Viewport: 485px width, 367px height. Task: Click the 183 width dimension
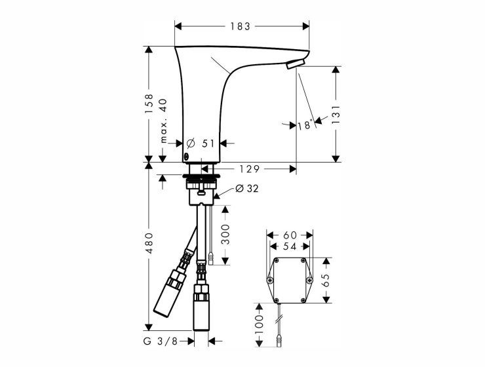tap(240, 26)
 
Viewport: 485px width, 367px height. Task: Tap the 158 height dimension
tap(149, 104)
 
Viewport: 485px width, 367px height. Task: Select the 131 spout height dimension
tap(336, 115)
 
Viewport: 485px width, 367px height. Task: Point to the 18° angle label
tap(305, 125)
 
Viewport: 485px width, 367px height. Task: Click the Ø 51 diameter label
tap(201, 143)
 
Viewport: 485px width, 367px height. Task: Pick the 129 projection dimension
tap(250, 169)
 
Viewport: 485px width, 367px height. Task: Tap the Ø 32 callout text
tap(247, 188)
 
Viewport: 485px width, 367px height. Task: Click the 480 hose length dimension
tap(149, 243)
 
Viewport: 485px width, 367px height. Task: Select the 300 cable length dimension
tap(226, 235)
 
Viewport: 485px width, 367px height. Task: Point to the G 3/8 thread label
tap(160, 341)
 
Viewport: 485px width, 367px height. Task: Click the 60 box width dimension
tap(290, 235)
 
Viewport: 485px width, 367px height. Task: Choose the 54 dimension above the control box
tap(290, 246)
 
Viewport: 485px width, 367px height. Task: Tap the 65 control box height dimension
tap(326, 280)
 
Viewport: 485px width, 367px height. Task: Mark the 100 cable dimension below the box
tap(259, 324)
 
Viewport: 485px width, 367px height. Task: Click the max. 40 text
tap(163, 121)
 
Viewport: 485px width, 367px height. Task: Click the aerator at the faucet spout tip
tap(296, 64)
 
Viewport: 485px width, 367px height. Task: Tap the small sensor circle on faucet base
tap(186, 155)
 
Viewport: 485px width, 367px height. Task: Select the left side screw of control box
tap(270, 280)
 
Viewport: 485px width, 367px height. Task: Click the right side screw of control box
tap(309, 280)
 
